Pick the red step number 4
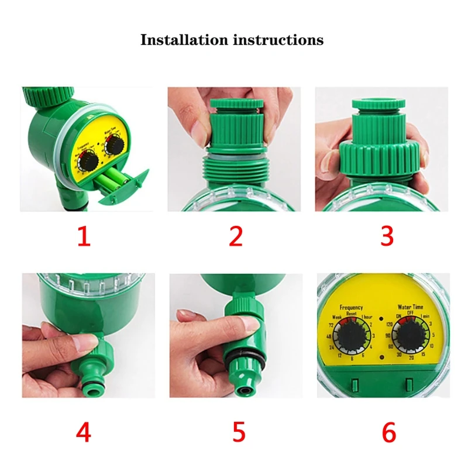pyautogui.click(x=84, y=433)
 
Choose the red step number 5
pyautogui.click(x=238, y=433)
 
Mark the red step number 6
pyautogui.click(x=389, y=433)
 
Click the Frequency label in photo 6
pyautogui.click(x=351, y=307)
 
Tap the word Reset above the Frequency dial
pyautogui.click(x=351, y=314)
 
